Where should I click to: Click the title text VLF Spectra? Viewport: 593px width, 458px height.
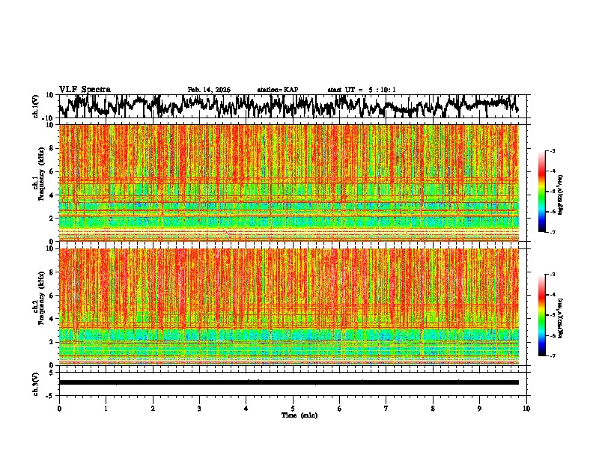click(x=85, y=89)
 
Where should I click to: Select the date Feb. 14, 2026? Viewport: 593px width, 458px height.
click(x=209, y=90)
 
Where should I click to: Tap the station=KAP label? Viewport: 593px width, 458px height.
click(x=277, y=90)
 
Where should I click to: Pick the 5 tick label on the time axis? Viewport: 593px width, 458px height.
click(x=293, y=409)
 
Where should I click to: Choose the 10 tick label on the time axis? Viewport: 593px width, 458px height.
click(x=526, y=409)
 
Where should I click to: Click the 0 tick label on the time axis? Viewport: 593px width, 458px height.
click(x=59, y=409)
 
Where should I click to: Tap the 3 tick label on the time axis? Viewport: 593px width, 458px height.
click(x=199, y=409)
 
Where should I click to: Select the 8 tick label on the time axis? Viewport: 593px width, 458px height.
click(x=433, y=409)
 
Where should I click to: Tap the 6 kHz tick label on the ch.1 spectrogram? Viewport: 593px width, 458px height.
click(x=51, y=171)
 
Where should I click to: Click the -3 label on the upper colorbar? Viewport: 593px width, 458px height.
click(x=551, y=151)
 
